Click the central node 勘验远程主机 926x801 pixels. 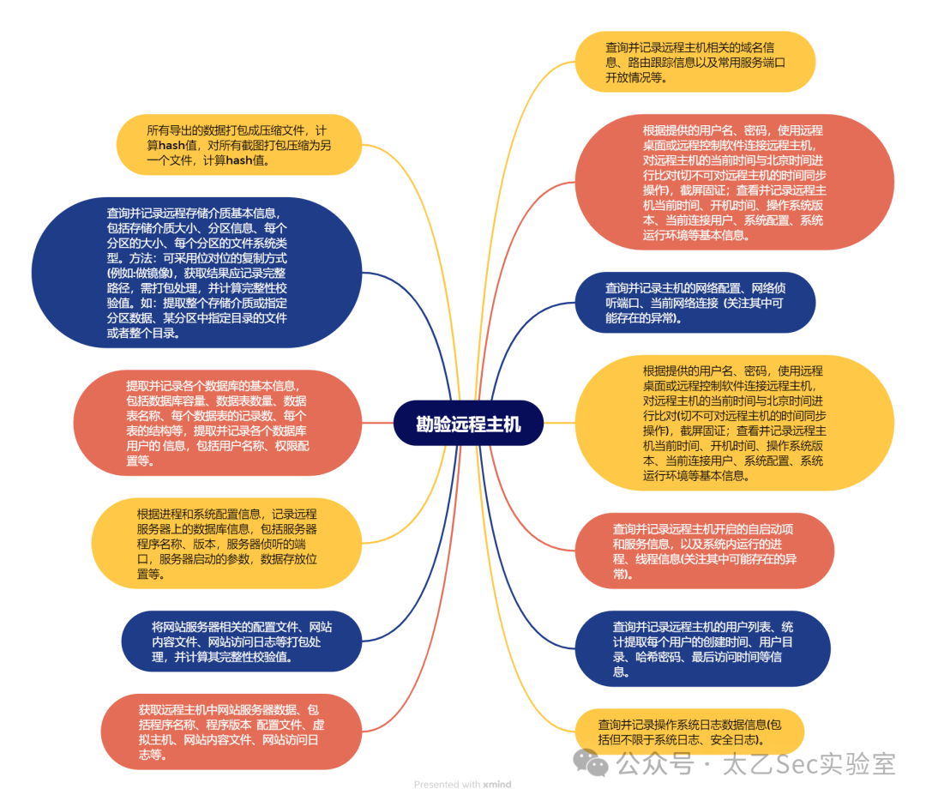[468, 424]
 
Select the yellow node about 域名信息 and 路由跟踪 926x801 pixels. [695, 62]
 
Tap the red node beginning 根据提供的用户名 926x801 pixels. [734, 183]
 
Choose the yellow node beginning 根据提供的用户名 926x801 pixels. [734, 423]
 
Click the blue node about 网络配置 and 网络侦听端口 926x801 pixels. [695, 303]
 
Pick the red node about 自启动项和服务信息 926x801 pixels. [705, 551]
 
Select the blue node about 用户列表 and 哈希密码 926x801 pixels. [703, 648]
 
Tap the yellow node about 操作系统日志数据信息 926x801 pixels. [689, 732]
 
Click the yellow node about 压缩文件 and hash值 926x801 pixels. [239, 145]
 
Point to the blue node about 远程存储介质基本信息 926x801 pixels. [196, 273]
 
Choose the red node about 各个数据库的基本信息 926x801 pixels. [217, 423]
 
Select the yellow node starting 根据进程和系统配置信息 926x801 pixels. [226, 544]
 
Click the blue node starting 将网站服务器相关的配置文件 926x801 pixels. [242, 641]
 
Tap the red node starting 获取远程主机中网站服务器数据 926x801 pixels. [231, 732]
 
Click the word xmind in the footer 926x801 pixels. [497, 785]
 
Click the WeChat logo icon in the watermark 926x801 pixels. [591, 762]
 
